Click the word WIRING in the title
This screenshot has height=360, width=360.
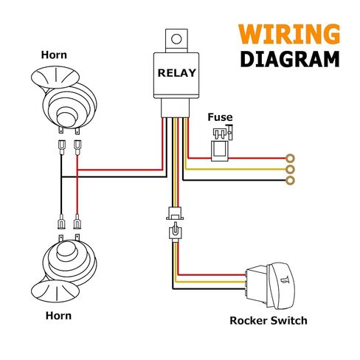click(289, 34)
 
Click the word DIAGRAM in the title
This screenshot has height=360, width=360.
click(290, 59)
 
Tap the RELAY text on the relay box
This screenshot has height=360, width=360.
click(176, 73)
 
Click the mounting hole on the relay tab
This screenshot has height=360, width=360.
click(176, 39)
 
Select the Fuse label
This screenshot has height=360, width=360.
click(220, 117)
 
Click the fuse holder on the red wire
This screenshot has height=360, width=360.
click(220, 150)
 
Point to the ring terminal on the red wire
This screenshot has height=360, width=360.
click(291, 158)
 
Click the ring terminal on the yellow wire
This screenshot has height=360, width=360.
click(291, 169)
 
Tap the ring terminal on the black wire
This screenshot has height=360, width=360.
click(291, 181)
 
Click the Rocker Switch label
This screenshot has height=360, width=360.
click(269, 321)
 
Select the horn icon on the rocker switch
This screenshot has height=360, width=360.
click(285, 280)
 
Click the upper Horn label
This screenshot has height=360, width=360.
click(54, 55)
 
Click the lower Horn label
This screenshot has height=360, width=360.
click(58, 316)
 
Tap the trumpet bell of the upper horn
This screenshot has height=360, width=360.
click(55, 77)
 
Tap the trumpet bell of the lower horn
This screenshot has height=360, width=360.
click(55, 292)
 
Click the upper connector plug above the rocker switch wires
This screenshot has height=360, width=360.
click(175, 213)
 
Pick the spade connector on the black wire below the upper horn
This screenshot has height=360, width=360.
click(61, 147)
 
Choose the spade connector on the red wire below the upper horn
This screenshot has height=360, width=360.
click(77, 147)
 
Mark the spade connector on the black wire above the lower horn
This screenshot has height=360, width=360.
click(61, 221)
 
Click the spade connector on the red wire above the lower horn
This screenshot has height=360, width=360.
click(77, 221)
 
